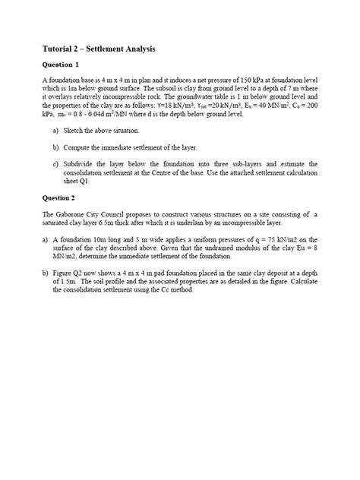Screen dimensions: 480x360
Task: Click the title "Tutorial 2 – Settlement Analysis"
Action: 99,49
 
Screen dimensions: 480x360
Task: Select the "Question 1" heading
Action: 62,65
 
